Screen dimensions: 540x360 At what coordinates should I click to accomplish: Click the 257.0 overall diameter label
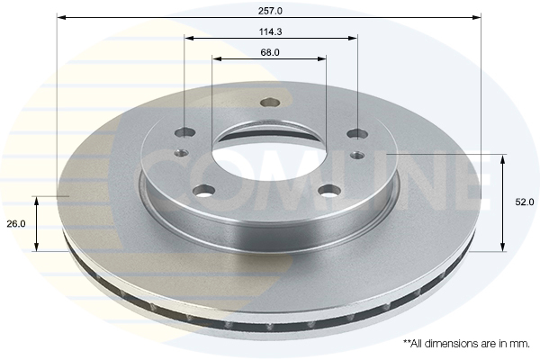270,11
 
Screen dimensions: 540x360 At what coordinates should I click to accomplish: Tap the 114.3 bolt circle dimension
270,32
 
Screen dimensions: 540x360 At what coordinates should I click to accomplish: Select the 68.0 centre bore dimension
270,53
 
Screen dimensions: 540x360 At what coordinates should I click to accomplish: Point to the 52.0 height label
525,202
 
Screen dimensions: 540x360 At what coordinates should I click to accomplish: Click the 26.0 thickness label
16,224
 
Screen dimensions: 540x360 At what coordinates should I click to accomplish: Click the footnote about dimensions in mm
466,344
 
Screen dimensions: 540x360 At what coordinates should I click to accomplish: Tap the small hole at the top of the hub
270,103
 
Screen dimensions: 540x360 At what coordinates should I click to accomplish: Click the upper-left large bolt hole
184,132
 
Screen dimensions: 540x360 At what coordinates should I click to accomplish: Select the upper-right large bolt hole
357,133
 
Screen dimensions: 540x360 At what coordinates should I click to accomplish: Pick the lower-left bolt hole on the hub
203,190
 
